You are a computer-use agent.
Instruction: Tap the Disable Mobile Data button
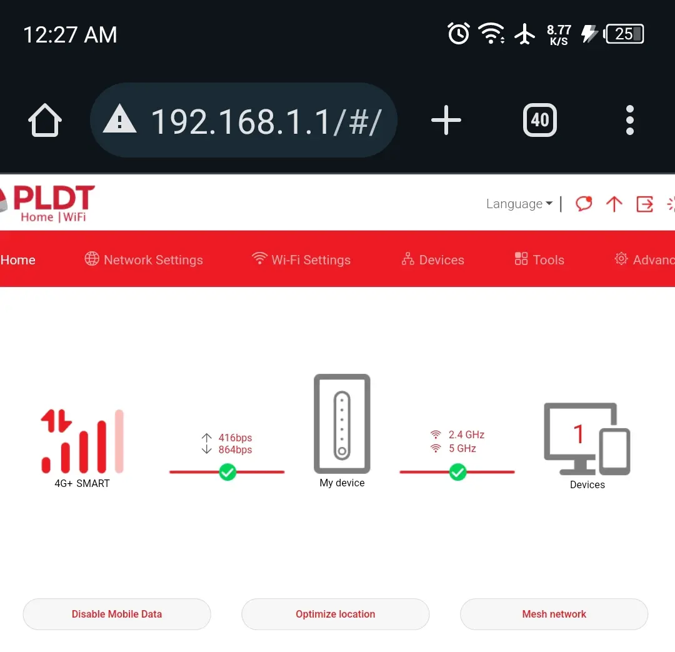point(117,614)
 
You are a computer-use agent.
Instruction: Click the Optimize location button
point(336,614)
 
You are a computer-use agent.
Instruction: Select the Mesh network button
point(554,614)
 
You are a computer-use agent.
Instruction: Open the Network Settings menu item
point(144,259)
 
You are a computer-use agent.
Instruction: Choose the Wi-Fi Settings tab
point(301,259)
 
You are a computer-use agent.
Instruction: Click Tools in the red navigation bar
point(539,259)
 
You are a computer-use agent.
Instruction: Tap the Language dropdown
point(519,204)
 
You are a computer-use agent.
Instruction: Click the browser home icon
point(45,120)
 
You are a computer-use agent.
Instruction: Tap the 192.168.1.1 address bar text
point(266,122)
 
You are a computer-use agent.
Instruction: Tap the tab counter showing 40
point(540,120)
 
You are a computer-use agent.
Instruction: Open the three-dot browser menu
point(630,120)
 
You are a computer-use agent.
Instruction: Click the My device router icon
point(342,424)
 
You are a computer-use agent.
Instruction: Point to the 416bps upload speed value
point(235,438)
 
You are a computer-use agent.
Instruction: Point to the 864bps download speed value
point(235,449)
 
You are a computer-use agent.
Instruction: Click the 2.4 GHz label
point(467,434)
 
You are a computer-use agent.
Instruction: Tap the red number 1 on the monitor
point(579,434)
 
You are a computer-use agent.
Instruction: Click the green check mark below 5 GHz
point(457,472)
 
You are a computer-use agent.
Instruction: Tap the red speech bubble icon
point(584,204)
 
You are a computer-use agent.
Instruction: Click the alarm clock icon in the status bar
point(459,33)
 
